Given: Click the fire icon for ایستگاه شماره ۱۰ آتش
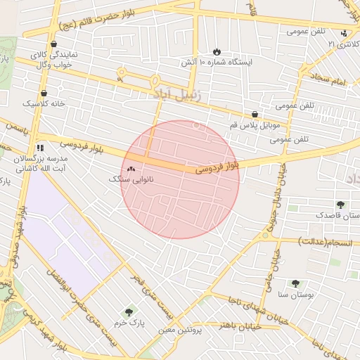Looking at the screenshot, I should click(x=217, y=51).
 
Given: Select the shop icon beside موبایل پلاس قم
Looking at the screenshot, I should click(x=255, y=114).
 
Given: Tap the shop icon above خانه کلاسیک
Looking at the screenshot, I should click(x=44, y=93).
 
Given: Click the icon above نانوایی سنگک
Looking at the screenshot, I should click(x=131, y=169).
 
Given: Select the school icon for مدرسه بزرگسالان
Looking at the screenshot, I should click(x=40, y=148).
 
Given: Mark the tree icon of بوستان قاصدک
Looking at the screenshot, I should click(x=341, y=205).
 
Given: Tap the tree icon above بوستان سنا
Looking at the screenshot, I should click(x=295, y=283).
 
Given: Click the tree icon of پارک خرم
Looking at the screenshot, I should click(x=128, y=311).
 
